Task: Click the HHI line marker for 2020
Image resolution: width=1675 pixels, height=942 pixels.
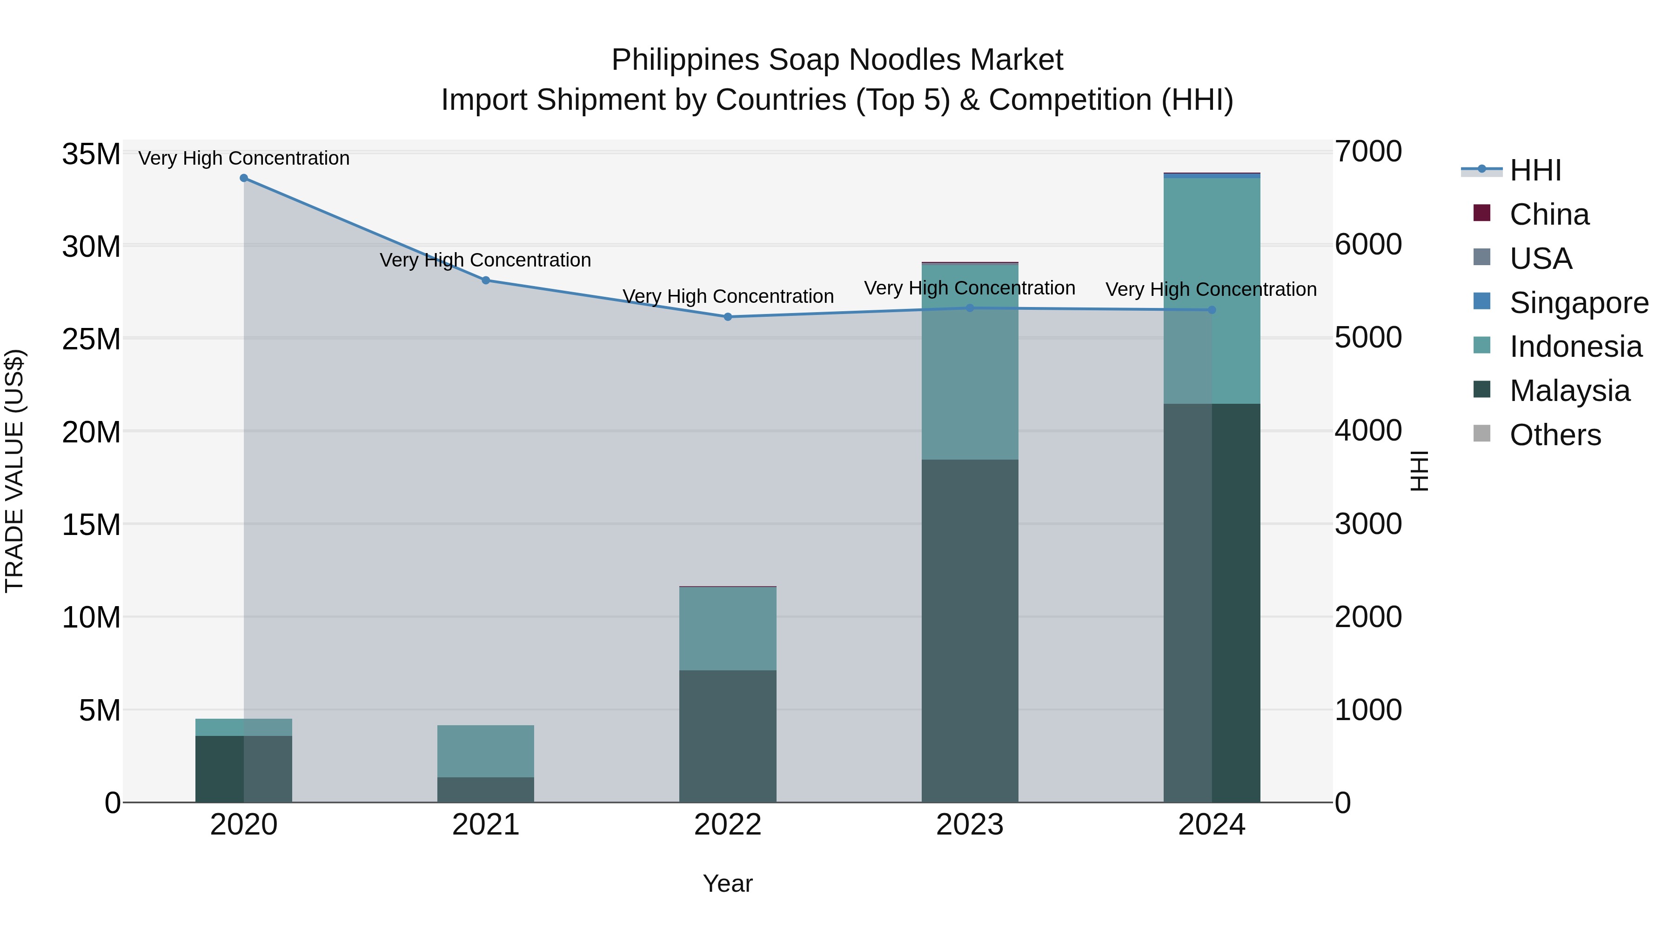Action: pyautogui.click(x=244, y=178)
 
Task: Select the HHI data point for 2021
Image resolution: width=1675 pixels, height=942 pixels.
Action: pyautogui.click(x=486, y=280)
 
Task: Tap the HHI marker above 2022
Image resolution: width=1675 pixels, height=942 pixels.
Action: pyautogui.click(x=728, y=317)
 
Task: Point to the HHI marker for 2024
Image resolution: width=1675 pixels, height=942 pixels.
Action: pyautogui.click(x=1212, y=310)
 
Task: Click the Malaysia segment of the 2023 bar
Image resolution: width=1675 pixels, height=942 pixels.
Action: pyautogui.click(x=970, y=631)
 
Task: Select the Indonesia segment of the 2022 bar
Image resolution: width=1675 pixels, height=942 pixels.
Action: pyautogui.click(x=728, y=628)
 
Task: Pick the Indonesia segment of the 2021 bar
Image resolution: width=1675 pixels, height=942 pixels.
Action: pyautogui.click(x=486, y=751)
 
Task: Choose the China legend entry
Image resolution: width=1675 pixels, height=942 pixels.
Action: pyautogui.click(x=1549, y=214)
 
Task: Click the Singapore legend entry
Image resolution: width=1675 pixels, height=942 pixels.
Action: pyautogui.click(x=1578, y=303)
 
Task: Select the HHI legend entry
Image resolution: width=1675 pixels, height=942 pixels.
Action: pyautogui.click(x=1534, y=170)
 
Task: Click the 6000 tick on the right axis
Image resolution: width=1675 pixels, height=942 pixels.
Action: pyautogui.click(x=1368, y=245)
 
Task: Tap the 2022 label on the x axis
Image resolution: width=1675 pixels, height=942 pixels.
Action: pyautogui.click(x=728, y=825)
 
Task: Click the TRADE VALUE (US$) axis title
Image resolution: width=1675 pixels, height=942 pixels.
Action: pyautogui.click(x=14, y=471)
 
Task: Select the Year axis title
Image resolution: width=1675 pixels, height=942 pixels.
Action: pyautogui.click(x=728, y=883)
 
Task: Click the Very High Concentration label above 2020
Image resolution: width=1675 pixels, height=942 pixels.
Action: pyautogui.click(x=244, y=158)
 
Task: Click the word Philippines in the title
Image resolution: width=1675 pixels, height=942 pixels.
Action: pyautogui.click(x=685, y=60)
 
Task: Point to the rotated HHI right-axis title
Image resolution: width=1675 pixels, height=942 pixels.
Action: pyautogui.click(x=1420, y=471)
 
